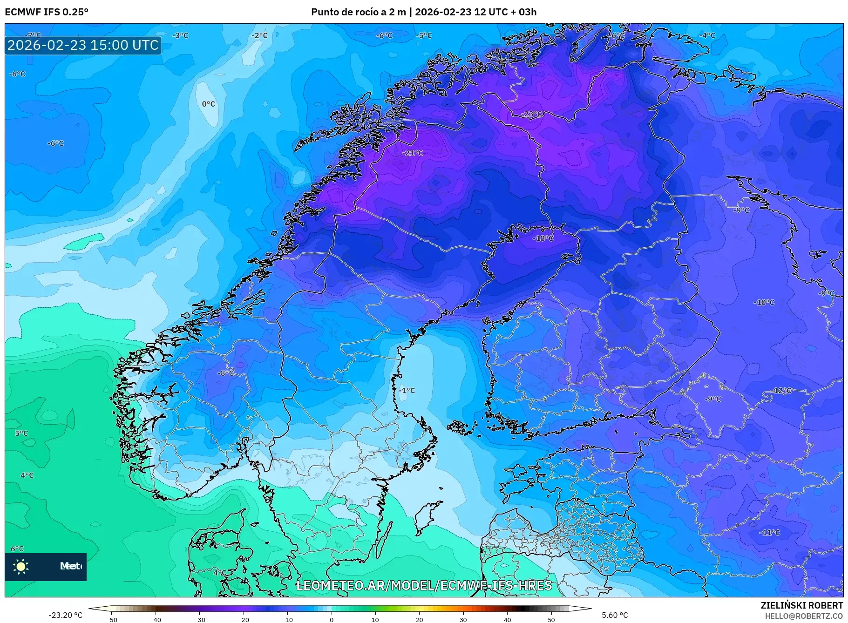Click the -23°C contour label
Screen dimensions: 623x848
point(531,114)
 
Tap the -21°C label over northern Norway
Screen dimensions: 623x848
point(413,153)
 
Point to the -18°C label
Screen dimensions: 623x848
point(543,238)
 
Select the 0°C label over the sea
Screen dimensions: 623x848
point(208,104)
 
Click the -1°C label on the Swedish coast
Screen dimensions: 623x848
point(407,391)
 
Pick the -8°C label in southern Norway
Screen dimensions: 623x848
point(226,373)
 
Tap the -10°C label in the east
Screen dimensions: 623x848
point(764,303)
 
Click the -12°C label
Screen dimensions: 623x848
point(782,391)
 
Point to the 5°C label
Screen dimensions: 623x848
point(21,433)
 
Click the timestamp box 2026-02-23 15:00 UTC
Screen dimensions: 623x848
point(83,45)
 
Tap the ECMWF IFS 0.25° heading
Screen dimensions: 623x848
point(47,12)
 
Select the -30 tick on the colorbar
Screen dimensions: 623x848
point(199,620)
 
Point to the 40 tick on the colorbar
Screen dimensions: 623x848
point(507,620)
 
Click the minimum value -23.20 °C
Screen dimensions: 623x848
point(65,615)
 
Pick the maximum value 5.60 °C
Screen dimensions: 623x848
point(615,615)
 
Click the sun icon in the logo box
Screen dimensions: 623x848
point(21,566)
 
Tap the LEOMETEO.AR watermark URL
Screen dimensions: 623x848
point(424,585)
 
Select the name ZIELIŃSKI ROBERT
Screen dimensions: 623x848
point(801,605)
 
